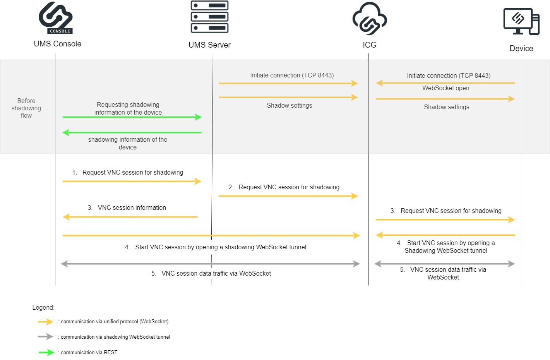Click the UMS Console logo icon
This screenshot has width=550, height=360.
point(56,18)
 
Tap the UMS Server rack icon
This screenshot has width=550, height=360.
point(209,17)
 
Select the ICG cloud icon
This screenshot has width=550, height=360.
point(370,19)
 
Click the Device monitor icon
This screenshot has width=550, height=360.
point(521,21)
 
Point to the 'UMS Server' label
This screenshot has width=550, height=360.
point(209,45)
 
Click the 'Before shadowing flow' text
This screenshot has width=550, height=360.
point(26,108)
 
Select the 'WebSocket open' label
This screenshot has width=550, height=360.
point(445,88)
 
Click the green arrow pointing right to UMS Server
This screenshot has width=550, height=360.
point(132,117)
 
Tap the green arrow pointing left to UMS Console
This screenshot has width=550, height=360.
point(132,133)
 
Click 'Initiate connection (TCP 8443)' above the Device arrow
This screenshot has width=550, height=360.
point(449,76)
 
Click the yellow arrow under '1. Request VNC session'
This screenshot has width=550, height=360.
point(132,181)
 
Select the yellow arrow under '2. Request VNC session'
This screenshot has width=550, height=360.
point(288,196)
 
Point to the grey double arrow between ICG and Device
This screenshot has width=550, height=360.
point(445,264)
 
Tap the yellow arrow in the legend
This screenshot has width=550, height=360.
point(45,322)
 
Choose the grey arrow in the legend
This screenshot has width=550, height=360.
point(45,337)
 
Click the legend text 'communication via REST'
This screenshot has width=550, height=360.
point(89,353)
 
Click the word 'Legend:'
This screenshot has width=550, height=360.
point(43,308)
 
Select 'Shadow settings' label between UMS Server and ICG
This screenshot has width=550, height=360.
point(289,106)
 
